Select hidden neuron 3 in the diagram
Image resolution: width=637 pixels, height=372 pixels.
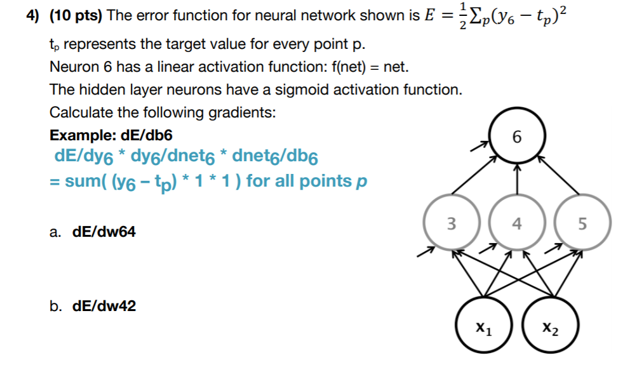click(450, 223)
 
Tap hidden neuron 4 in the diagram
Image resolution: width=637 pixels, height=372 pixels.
click(516, 223)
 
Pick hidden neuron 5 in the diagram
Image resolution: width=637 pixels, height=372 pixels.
click(583, 223)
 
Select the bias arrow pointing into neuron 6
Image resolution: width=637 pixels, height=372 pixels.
click(479, 147)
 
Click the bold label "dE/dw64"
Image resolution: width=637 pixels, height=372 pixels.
click(104, 232)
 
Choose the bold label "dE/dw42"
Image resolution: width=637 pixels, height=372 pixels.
click(104, 307)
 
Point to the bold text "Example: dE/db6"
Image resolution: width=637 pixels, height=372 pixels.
click(111, 135)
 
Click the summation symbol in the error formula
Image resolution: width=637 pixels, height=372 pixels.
click(469, 15)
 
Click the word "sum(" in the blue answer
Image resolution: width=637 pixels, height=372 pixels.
click(88, 182)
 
